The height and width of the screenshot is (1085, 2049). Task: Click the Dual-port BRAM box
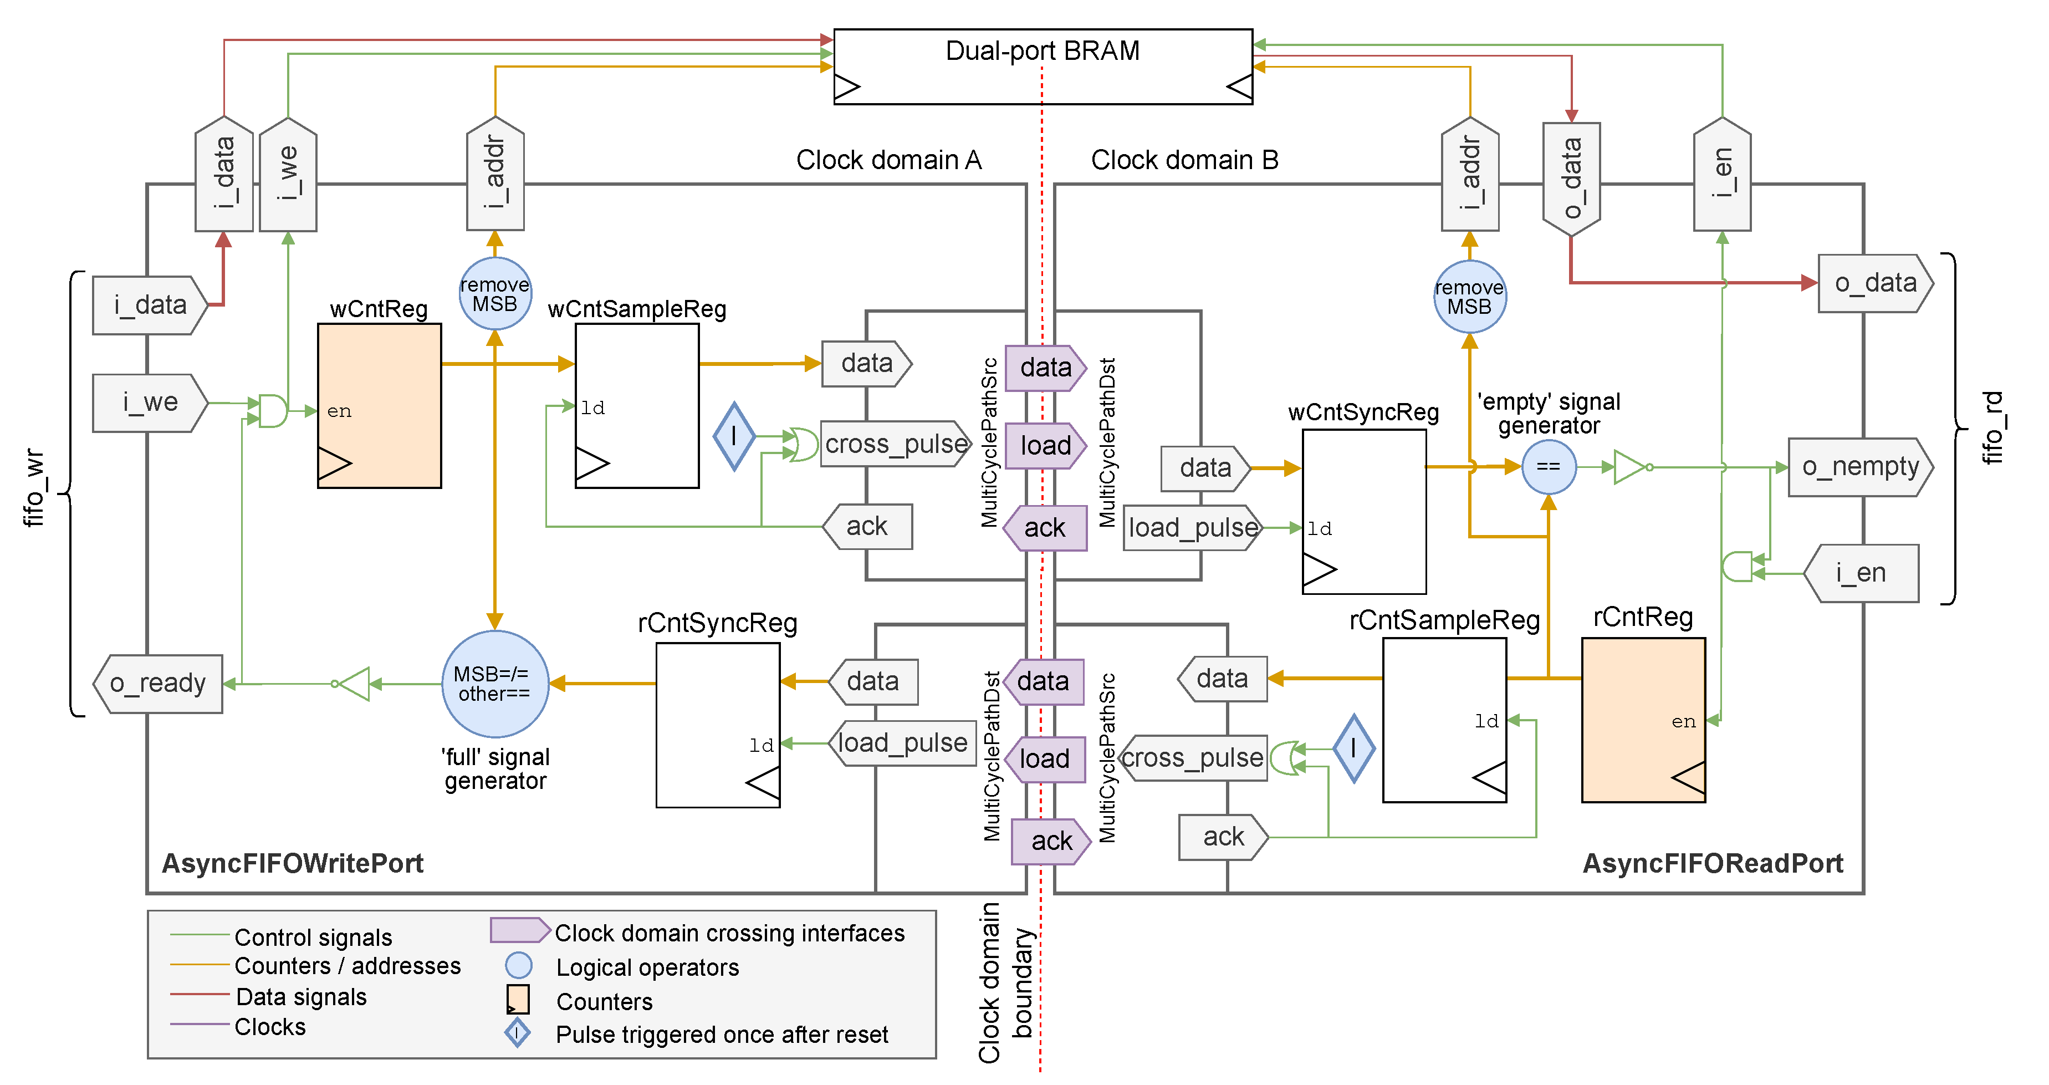(1042, 67)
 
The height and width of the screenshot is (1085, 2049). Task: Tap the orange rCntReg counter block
(1643, 719)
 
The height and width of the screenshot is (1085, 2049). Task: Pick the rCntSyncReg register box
(718, 725)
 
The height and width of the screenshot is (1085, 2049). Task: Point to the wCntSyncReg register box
(1363, 512)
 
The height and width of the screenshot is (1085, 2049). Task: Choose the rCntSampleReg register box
(1444, 719)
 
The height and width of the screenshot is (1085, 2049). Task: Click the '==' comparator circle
(1548, 467)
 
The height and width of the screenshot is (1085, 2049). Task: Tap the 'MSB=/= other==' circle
(495, 683)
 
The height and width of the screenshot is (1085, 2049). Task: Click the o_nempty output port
(1859, 467)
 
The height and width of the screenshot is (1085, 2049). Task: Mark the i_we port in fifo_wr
(150, 403)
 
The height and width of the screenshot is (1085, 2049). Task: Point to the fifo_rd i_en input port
(1861, 573)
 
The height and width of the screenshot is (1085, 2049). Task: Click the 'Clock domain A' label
(888, 160)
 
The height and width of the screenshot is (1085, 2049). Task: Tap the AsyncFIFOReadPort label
(1711, 863)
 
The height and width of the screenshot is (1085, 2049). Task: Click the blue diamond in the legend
(517, 1033)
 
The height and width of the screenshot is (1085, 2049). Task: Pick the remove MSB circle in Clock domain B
(1469, 297)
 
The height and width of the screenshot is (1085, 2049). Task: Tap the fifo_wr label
(33, 488)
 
